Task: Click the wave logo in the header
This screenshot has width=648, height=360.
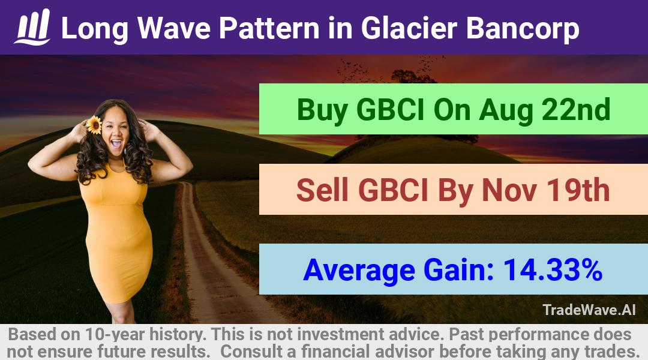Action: (x=32, y=27)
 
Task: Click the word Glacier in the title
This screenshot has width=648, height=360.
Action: (x=409, y=28)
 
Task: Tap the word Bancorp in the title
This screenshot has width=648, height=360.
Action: (x=523, y=29)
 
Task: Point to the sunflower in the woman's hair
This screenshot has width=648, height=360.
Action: (x=94, y=125)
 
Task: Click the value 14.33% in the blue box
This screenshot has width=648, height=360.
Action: (x=552, y=269)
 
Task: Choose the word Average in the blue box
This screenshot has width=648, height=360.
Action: (x=359, y=271)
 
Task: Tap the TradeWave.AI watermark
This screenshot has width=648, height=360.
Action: (x=589, y=310)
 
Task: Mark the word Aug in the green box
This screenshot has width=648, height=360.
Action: (x=506, y=111)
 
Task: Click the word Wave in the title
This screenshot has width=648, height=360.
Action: (x=173, y=28)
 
